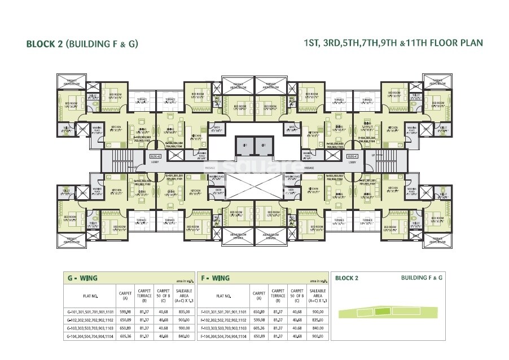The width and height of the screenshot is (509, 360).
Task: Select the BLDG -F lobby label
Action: (352, 156)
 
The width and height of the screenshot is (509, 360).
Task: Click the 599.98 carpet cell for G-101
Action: (125, 311)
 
